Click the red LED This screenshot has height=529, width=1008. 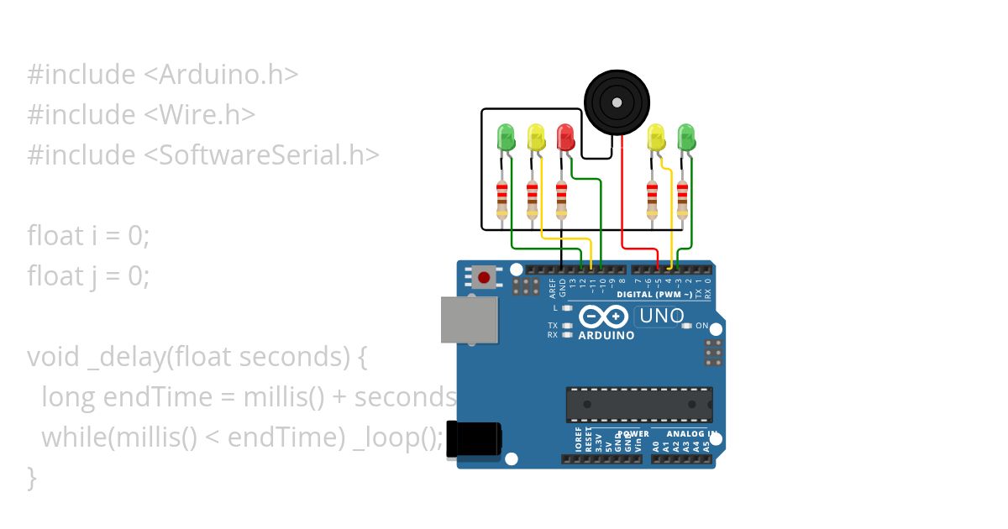pyautogui.click(x=565, y=135)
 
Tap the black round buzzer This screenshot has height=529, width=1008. pyautogui.click(x=617, y=102)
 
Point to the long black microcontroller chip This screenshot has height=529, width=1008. pyautogui.click(x=639, y=404)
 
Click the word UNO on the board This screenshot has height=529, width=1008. pyautogui.click(x=661, y=317)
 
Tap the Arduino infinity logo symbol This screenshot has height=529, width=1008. pyautogui.click(x=603, y=317)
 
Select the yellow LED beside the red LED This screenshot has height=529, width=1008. pyautogui.click(x=535, y=137)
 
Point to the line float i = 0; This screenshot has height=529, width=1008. pyautogui.click(x=88, y=236)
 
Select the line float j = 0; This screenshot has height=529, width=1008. pyautogui.click(x=88, y=276)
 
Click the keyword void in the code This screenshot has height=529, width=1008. pyautogui.click(x=53, y=357)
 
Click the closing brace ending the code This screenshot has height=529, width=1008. pyautogui.click(x=32, y=478)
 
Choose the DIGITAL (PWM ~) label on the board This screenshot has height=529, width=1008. pyautogui.click(x=654, y=295)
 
